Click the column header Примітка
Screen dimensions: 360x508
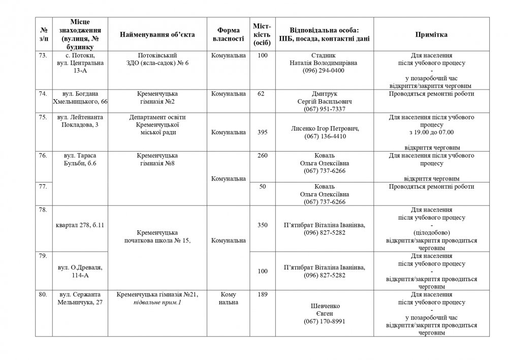pos(431,35)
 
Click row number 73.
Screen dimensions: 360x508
pos(43,55)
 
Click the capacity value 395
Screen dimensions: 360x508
pos(263,132)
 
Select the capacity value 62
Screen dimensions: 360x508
pos(261,94)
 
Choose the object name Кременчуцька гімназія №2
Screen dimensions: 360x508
pos(157,98)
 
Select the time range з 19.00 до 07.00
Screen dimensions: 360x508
pos(431,132)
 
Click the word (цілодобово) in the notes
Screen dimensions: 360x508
pos(431,233)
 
